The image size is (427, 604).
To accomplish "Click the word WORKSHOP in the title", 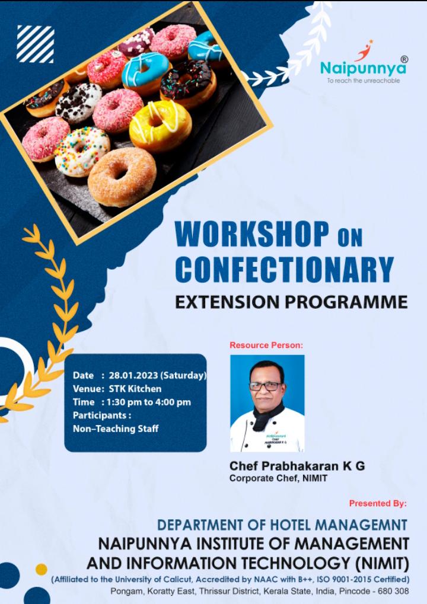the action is (x=252, y=234).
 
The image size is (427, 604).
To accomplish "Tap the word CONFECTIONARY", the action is (x=285, y=269).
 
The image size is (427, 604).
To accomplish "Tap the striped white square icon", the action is (x=35, y=44).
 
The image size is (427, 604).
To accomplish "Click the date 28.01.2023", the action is (x=133, y=375).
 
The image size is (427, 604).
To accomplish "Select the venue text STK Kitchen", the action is (x=135, y=389).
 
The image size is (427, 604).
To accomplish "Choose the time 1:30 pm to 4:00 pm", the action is (x=149, y=402).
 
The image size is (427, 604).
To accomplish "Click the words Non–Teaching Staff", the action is (x=116, y=429).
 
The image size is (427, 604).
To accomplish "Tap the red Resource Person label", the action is (x=266, y=345).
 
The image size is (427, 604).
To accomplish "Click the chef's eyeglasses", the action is (x=266, y=386).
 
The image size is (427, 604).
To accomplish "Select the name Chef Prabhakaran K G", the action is (x=297, y=466).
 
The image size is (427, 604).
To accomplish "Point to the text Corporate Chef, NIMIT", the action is (x=278, y=478).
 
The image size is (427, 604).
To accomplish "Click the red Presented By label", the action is (x=378, y=503).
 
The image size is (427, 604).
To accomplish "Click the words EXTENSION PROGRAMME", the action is (x=291, y=302).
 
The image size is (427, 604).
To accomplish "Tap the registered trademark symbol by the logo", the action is (x=404, y=59).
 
